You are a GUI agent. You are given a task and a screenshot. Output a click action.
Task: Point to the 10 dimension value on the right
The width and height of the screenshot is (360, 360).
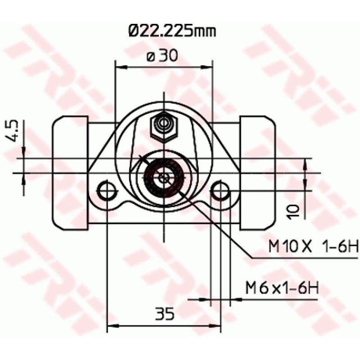click(x=293, y=211)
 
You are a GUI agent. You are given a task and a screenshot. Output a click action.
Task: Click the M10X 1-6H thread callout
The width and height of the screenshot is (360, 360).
click(x=312, y=247)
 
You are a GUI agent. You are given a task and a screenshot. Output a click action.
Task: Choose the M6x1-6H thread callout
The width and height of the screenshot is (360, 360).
click(x=282, y=288)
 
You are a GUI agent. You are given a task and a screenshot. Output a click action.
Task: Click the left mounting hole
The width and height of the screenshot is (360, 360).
click(x=107, y=191)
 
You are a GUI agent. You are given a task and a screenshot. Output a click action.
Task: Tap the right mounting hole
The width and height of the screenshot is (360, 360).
click(x=220, y=191)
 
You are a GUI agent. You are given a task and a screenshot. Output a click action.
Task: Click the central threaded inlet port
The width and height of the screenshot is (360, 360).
click(x=164, y=177)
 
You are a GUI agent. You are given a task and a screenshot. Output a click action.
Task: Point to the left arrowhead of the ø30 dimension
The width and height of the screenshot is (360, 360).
click(x=119, y=67)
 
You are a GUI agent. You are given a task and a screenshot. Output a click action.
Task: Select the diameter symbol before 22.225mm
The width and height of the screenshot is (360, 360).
click(x=134, y=31)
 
